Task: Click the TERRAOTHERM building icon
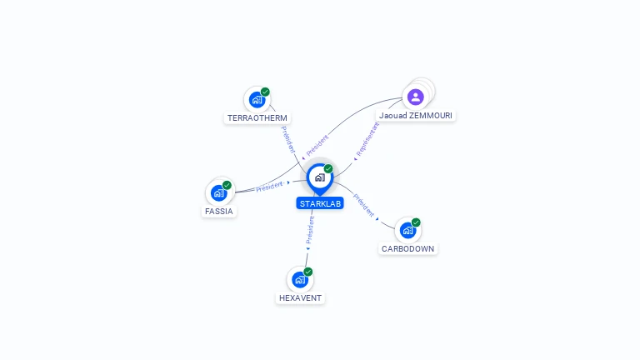pyautogui.click(x=257, y=100)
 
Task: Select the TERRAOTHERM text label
pyautogui.click(x=257, y=118)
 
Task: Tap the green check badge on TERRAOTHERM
pyautogui.click(x=265, y=92)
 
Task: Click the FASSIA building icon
pyautogui.click(x=219, y=193)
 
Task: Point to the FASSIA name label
pyautogui.click(x=219, y=212)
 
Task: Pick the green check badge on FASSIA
pyautogui.click(x=227, y=185)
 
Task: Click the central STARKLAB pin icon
pyautogui.click(x=320, y=178)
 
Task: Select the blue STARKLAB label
pyautogui.click(x=320, y=203)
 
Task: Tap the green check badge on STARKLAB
pyautogui.click(x=328, y=169)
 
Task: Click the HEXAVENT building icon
pyautogui.click(x=300, y=280)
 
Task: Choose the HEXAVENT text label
pyautogui.click(x=300, y=298)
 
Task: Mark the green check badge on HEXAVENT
pyautogui.click(x=308, y=272)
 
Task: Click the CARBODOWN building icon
pyautogui.click(x=407, y=230)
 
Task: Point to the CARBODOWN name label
pyautogui.click(x=407, y=248)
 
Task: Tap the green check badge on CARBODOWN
pyautogui.click(x=416, y=222)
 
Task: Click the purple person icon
pyautogui.click(x=416, y=97)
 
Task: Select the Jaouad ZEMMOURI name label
pyautogui.click(x=416, y=116)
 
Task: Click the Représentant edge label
pyautogui.click(x=367, y=139)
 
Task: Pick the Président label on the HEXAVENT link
pyautogui.click(x=310, y=230)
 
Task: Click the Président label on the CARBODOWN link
pyautogui.click(x=363, y=205)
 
